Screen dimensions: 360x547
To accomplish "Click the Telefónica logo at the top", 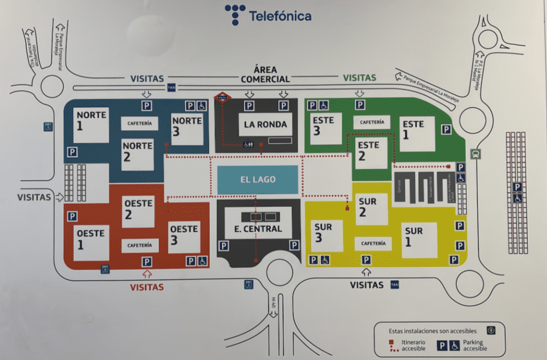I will (x=268, y=15).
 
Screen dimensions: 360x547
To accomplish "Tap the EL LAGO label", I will (x=257, y=180).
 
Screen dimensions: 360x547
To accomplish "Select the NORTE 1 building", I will (x=91, y=125).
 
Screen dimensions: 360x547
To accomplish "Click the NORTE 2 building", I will (x=137, y=155).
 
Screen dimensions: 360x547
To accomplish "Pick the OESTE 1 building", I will (x=92, y=242).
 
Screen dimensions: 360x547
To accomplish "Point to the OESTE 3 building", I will (x=184, y=237).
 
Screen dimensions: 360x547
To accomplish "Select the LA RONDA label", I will (x=265, y=125).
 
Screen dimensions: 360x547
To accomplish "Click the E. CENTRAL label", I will (x=258, y=229).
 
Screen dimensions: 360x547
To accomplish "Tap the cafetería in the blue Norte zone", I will (x=139, y=124).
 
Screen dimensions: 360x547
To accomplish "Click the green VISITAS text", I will (x=359, y=78).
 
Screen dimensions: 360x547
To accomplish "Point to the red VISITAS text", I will (x=147, y=287).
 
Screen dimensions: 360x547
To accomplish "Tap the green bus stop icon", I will (x=475, y=154).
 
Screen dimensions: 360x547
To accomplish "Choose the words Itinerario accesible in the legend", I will (x=413, y=345).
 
